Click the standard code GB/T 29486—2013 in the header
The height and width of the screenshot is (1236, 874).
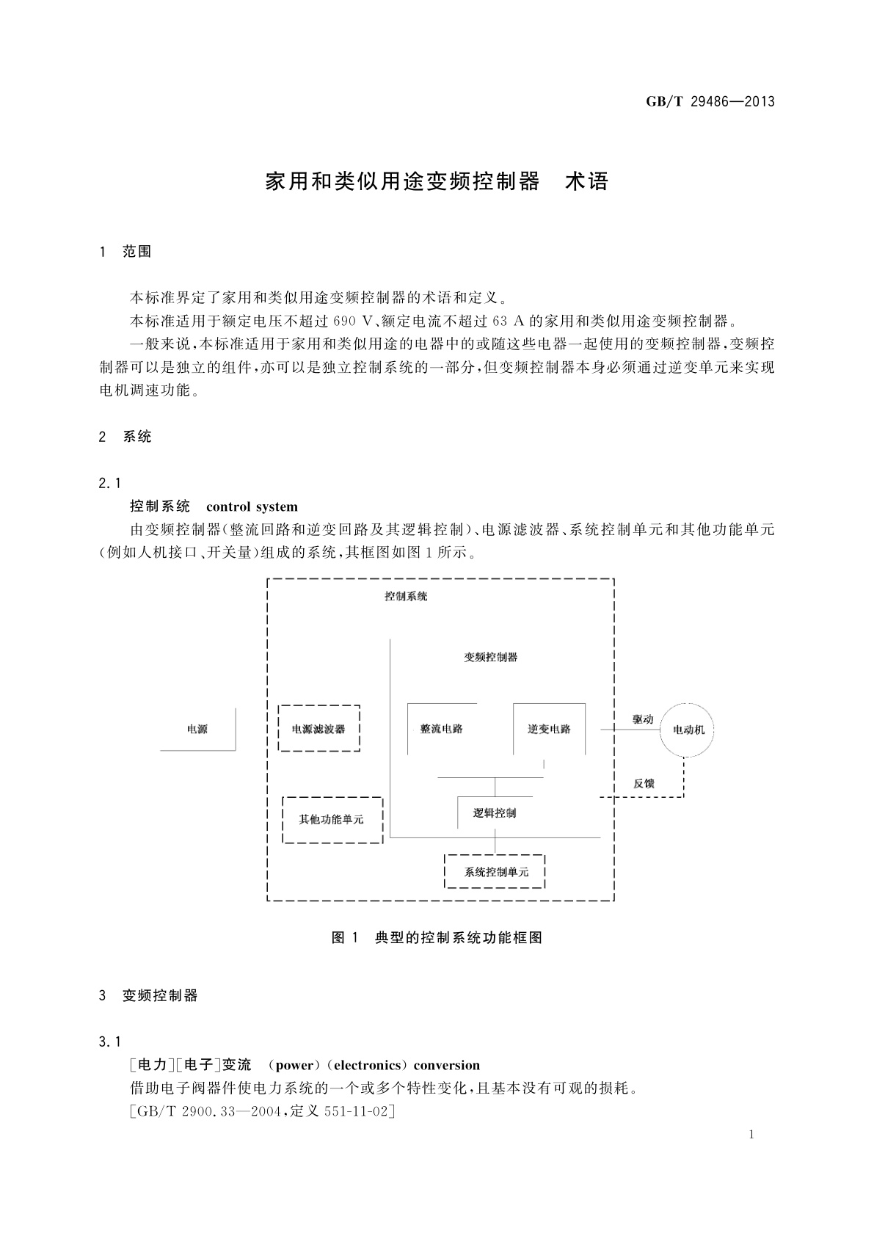(x=710, y=101)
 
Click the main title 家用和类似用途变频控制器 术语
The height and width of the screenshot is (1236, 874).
(x=437, y=181)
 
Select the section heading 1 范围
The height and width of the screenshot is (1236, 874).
(x=125, y=252)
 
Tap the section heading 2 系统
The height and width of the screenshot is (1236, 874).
(x=125, y=437)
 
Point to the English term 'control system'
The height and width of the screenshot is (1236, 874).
(x=252, y=506)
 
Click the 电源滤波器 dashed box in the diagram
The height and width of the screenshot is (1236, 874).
(x=319, y=729)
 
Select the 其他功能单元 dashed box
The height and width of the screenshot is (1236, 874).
(x=332, y=819)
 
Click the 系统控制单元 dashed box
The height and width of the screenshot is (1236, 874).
(x=495, y=872)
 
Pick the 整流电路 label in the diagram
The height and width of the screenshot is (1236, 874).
(x=442, y=729)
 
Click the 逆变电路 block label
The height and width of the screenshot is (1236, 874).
(x=549, y=729)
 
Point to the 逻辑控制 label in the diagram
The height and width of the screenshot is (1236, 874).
(x=495, y=813)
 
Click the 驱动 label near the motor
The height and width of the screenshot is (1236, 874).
(x=643, y=719)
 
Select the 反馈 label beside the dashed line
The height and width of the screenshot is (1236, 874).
(x=644, y=783)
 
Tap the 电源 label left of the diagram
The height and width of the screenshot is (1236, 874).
(x=197, y=729)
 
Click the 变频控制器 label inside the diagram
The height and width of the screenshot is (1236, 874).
(x=491, y=657)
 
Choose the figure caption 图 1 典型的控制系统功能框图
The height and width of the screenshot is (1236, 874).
(x=437, y=937)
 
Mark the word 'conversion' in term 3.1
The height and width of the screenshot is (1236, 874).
(x=446, y=1065)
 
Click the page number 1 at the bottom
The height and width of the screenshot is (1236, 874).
(x=751, y=1135)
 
